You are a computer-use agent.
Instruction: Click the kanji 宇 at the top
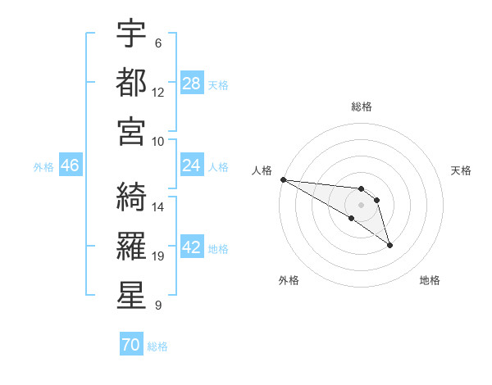(x=131, y=34)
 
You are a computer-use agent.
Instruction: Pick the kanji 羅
(x=131, y=243)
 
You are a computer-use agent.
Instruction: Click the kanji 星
(x=131, y=292)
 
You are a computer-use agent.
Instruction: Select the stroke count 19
(x=158, y=256)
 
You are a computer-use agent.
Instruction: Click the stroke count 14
(x=158, y=207)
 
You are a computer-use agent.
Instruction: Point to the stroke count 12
(x=158, y=93)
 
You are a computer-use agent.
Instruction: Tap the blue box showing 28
(x=192, y=84)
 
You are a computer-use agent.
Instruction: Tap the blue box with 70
(x=130, y=346)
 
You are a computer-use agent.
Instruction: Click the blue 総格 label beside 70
(x=157, y=346)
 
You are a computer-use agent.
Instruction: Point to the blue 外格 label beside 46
(x=43, y=167)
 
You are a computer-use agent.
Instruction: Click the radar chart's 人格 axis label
(x=261, y=170)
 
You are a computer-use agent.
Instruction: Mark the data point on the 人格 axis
(x=283, y=179)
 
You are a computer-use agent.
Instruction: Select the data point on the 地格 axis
(x=389, y=245)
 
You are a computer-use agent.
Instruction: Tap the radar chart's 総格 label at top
(x=361, y=106)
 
